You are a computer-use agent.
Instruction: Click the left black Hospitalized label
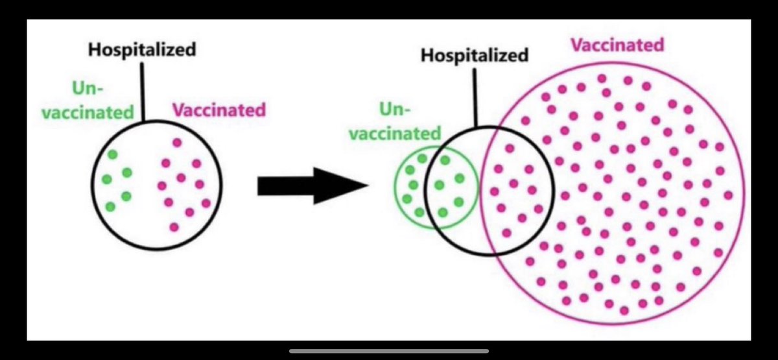pyautogui.click(x=142, y=50)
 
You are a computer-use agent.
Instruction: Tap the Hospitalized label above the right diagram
pyautogui.click(x=475, y=55)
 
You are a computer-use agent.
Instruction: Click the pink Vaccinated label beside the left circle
pyautogui.click(x=218, y=109)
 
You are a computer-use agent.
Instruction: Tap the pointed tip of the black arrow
pyautogui.click(x=365, y=186)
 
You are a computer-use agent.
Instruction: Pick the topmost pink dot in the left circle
pyautogui.click(x=177, y=143)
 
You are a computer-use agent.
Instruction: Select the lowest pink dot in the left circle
pyautogui.click(x=174, y=227)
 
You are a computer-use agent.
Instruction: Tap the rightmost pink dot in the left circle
pyautogui.click(x=206, y=203)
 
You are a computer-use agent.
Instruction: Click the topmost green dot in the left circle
pyautogui.click(x=113, y=154)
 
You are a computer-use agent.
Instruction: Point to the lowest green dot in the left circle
pyautogui.click(x=110, y=207)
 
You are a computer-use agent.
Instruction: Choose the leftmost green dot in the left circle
pyautogui.click(x=106, y=179)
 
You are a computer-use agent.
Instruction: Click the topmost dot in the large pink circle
pyautogui.click(x=602, y=78)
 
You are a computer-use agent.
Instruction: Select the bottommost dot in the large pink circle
pyautogui.click(x=624, y=311)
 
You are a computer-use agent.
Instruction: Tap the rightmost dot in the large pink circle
pyautogui.click(x=727, y=195)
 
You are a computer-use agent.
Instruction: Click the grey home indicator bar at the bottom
pyautogui.click(x=388, y=351)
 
